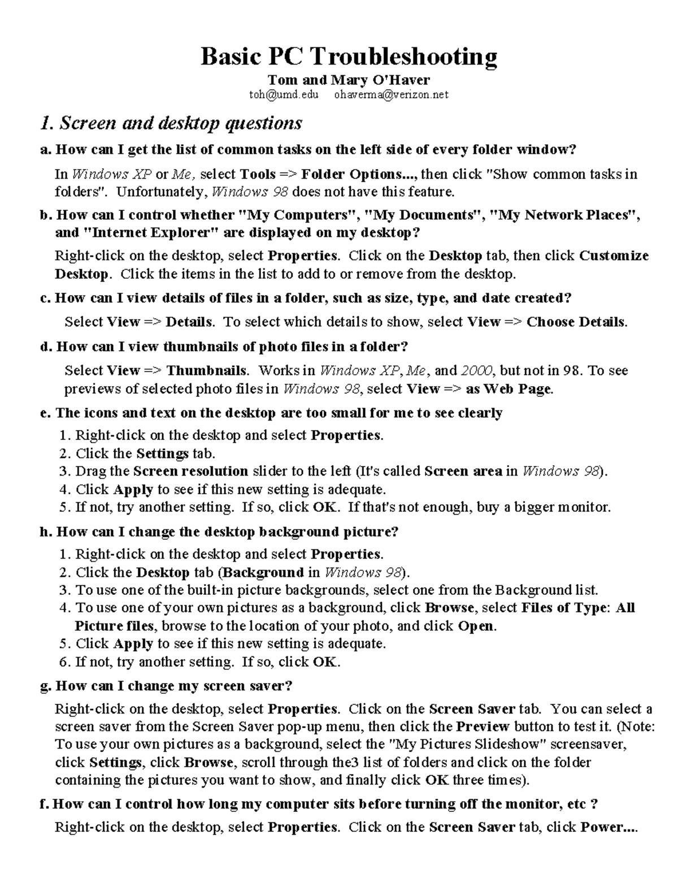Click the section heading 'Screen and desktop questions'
pyautogui.click(x=181, y=123)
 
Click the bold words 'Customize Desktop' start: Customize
pyautogui.click(x=614, y=256)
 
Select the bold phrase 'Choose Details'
pyautogui.click(x=576, y=322)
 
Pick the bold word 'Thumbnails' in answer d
pyautogui.click(x=206, y=370)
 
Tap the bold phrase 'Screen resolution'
pyautogui.click(x=191, y=471)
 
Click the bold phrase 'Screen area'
pyautogui.click(x=463, y=471)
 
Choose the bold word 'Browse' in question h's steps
pyautogui.click(x=449, y=608)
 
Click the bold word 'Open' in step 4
pyautogui.click(x=476, y=626)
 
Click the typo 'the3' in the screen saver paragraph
pyautogui.click(x=344, y=762)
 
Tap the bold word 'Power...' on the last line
pyautogui.click(x=609, y=827)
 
